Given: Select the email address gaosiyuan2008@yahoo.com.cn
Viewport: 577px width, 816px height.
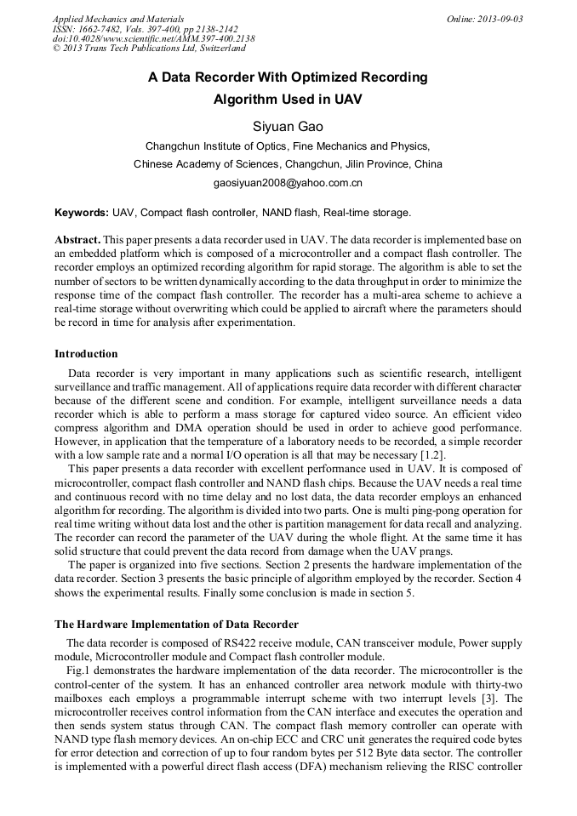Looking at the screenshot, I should (x=288, y=183).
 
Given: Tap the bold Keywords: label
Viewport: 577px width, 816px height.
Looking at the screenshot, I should (x=82, y=212).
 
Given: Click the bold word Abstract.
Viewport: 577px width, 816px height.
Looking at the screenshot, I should (x=77, y=241).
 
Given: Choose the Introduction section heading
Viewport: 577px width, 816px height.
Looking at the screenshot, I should (x=86, y=353).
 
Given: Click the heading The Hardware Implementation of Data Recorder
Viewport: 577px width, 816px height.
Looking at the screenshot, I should (x=176, y=625).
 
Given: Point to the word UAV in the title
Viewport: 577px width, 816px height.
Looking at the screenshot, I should (x=348, y=100).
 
